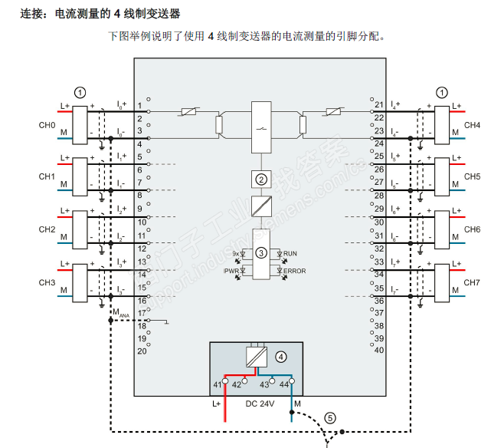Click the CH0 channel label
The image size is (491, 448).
pos(47,124)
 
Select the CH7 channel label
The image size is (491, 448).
pos(472,282)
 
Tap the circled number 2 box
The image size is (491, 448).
pos(261,180)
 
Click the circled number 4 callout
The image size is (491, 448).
pos(280,357)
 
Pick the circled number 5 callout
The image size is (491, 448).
pos(329,418)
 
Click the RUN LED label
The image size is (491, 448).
pos(290,253)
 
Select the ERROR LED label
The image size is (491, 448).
pos(294,271)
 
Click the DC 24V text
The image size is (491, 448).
pos(260,404)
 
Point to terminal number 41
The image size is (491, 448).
pos(217,384)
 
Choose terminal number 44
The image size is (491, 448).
pos(283,384)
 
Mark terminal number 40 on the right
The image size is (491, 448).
pos(378,350)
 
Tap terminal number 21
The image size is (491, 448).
pos(378,104)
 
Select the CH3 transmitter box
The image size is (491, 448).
pos(80,282)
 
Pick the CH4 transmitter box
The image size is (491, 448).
pos(442,124)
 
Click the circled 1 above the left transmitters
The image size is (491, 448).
pos(80,92)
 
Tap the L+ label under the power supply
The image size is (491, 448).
pos(217,404)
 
